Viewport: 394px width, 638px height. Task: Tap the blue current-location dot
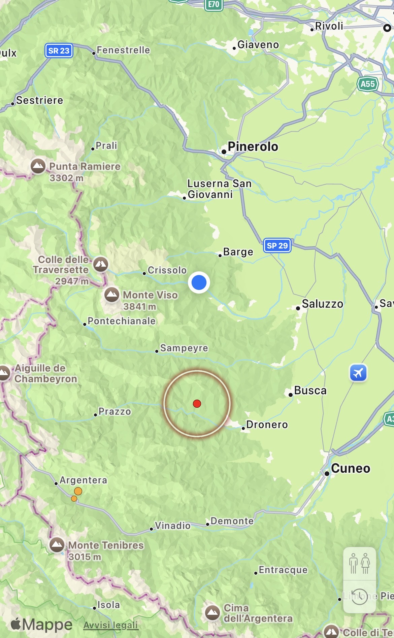pyautogui.click(x=199, y=282)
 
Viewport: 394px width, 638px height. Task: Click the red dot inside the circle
pyautogui.click(x=197, y=403)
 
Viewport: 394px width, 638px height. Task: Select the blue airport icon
pyautogui.click(x=358, y=373)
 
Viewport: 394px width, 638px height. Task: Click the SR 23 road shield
pyautogui.click(x=59, y=51)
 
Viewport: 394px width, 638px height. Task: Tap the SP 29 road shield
pyautogui.click(x=277, y=245)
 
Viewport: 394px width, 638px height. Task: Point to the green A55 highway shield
pyautogui.click(x=367, y=84)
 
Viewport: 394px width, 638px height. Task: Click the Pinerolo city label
pyautogui.click(x=253, y=147)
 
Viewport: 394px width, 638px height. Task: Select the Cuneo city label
pyautogui.click(x=350, y=468)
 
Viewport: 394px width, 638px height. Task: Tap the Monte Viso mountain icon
pyautogui.click(x=112, y=295)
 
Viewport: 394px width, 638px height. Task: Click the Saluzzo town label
pyautogui.click(x=322, y=304)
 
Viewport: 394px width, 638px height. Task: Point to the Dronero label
pyautogui.click(x=267, y=425)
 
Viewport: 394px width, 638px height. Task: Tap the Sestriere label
pyautogui.click(x=39, y=100)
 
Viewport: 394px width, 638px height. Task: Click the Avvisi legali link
pyautogui.click(x=111, y=625)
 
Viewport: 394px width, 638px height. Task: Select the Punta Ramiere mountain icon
pyautogui.click(x=38, y=166)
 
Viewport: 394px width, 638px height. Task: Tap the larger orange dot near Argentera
pyautogui.click(x=78, y=491)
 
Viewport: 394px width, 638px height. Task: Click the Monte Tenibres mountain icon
pyautogui.click(x=57, y=544)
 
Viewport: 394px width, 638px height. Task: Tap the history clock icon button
pyautogui.click(x=359, y=596)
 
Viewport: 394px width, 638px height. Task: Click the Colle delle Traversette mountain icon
pyautogui.click(x=101, y=264)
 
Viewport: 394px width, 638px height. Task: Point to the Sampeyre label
pyautogui.click(x=184, y=348)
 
